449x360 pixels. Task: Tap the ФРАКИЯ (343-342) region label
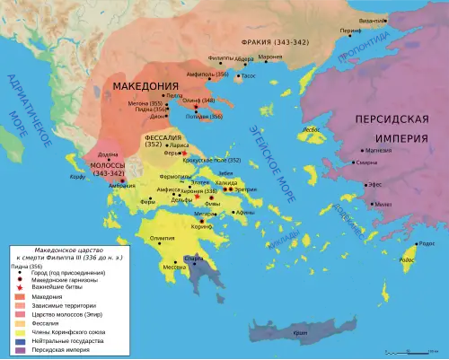[x=273, y=42]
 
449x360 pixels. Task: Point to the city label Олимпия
[x=163, y=237]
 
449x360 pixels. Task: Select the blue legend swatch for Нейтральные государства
[x=18, y=341]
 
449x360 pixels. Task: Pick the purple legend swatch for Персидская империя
[x=18, y=351]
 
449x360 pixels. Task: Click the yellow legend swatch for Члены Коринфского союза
[x=18, y=332]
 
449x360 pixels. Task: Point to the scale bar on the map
[x=408, y=351]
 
